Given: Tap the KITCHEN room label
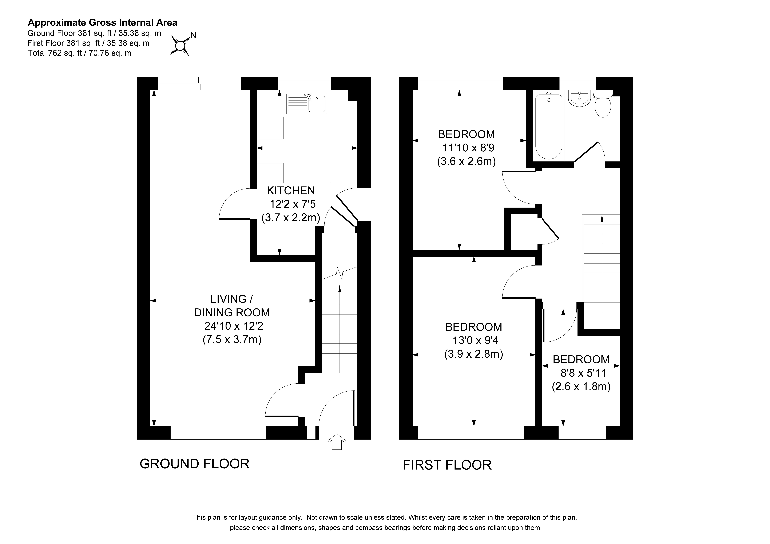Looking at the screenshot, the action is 291,191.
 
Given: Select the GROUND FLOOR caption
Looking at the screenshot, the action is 195,464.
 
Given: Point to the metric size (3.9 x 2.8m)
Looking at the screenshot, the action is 474,354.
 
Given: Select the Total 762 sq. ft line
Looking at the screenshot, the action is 79,53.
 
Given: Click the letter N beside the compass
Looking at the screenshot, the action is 194,35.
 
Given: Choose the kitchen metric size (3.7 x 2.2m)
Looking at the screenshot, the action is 291,218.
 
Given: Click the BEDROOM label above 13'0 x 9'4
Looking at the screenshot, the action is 474,327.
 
